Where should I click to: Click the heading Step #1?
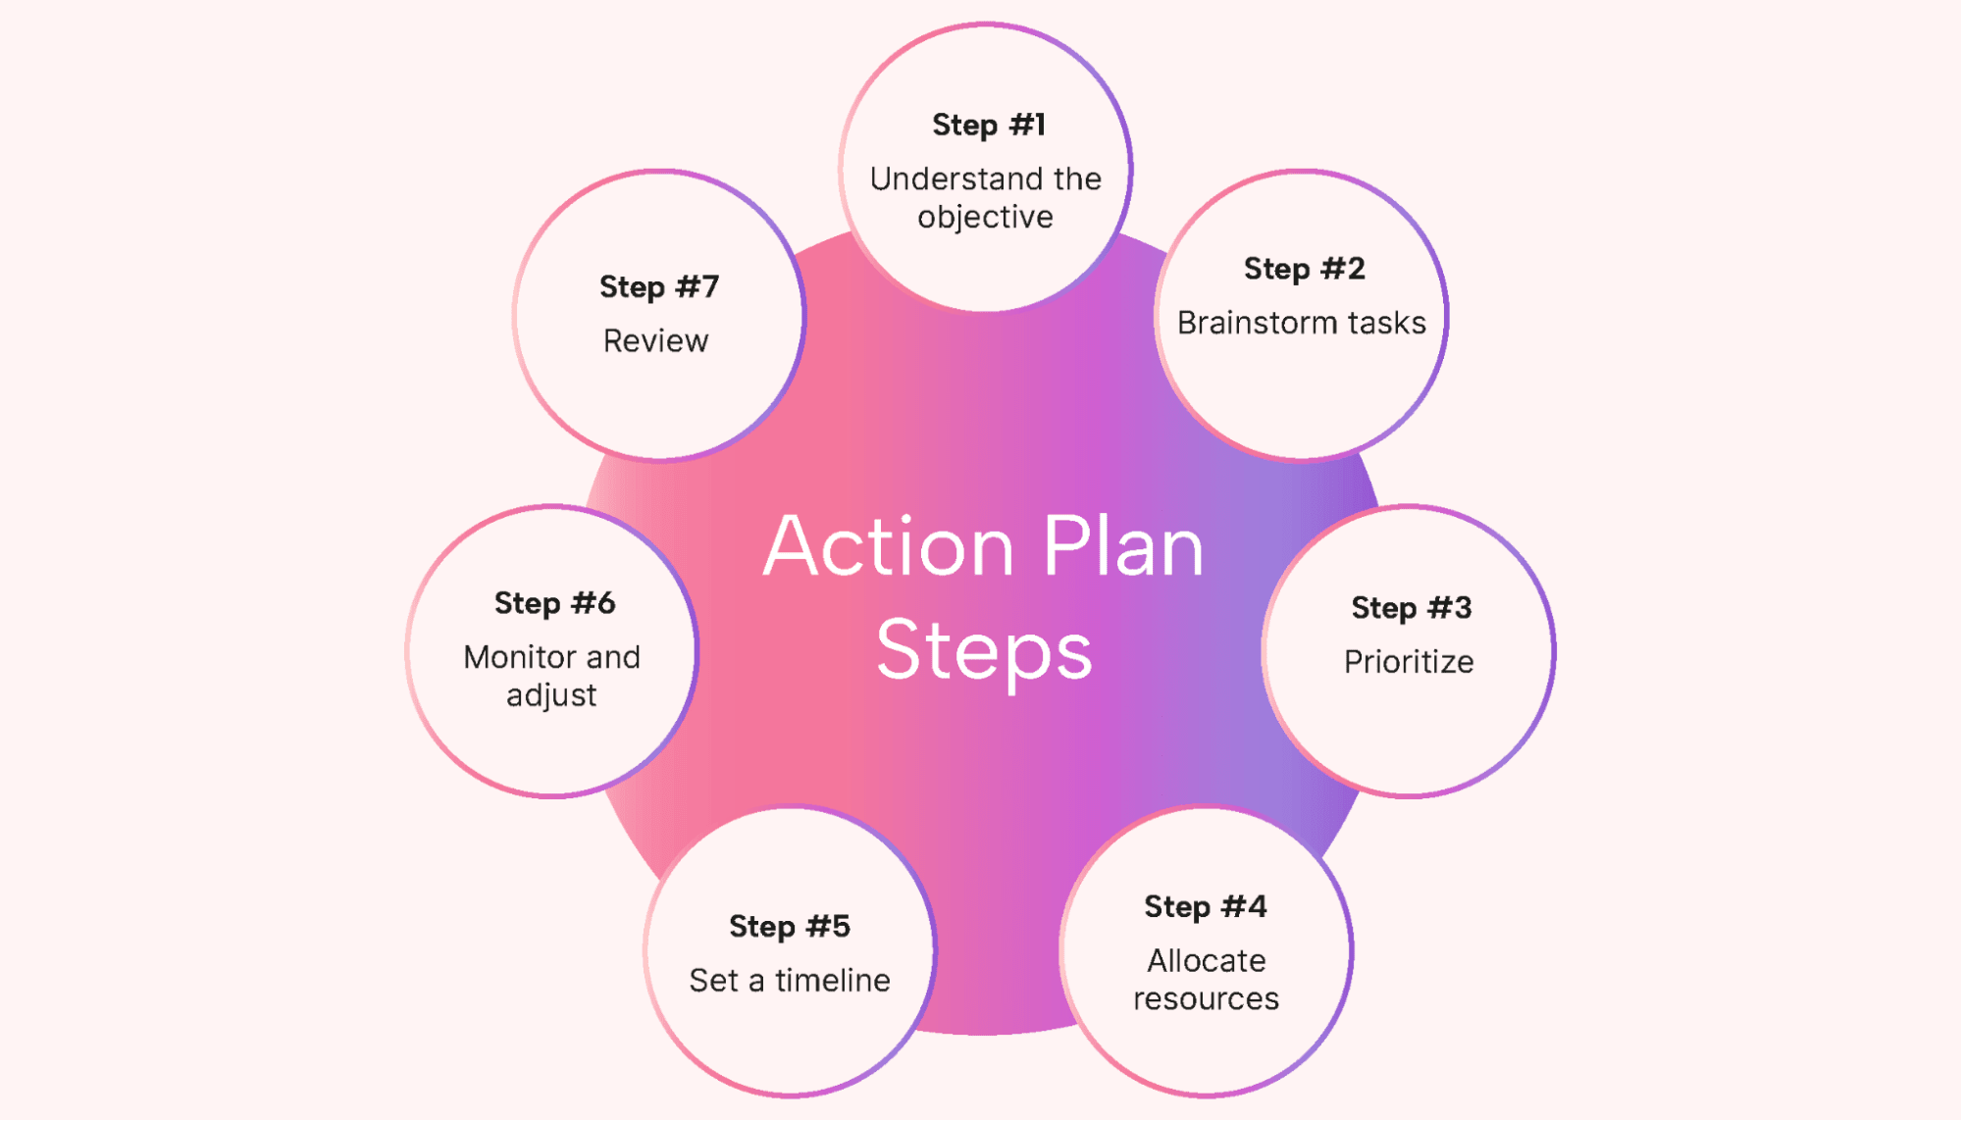(x=988, y=126)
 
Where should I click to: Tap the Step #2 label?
(x=1304, y=269)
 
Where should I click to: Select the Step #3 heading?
(x=1411, y=608)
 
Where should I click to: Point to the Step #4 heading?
(x=1205, y=907)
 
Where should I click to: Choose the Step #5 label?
(x=789, y=927)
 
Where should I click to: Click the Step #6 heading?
(x=554, y=603)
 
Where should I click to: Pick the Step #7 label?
(x=658, y=287)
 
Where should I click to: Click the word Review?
(x=655, y=341)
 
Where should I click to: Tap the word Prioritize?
(x=1408, y=662)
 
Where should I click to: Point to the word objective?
(x=985, y=218)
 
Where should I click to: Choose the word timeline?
(x=832, y=981)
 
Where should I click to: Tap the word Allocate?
(x=1206, y=961)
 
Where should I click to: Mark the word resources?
(x=1206, y=999)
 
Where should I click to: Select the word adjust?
(x=550, y=696)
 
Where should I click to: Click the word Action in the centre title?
(x=888, y=546)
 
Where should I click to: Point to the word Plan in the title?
(x=1122, y=546)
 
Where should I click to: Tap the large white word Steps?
(x=984, y=651)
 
